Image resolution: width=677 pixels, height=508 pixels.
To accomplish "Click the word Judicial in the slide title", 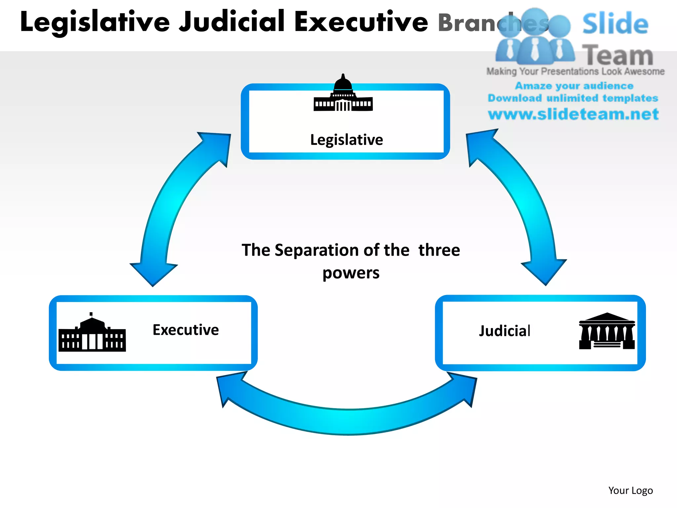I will [x=231, y=22].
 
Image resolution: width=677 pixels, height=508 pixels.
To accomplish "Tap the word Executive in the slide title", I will [x=361, y=22].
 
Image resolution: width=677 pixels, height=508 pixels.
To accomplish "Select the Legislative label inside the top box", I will [x=346, y=140].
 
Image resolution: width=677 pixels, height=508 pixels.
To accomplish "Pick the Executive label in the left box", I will [x=185, y=330].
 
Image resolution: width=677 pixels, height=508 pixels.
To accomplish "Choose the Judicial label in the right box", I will [x=505, y=331].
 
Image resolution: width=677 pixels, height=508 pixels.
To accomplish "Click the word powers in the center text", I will [x=351, y=273].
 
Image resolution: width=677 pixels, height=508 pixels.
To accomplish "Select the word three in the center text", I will [x=439, y=250].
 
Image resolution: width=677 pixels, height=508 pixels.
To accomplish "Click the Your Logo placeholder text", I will [x=630, y=490].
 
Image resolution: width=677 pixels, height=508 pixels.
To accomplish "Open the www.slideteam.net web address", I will [x=573, y=114].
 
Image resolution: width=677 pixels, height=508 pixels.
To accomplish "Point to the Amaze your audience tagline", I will [x=574, y=86].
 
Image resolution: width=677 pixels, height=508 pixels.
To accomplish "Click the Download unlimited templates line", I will [x=573, y=98].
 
